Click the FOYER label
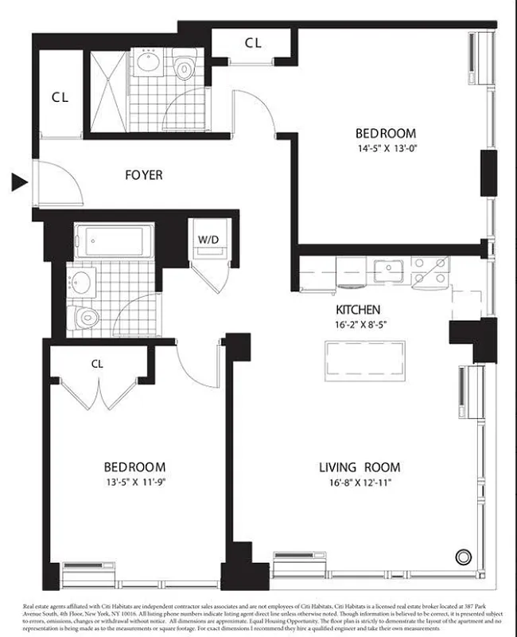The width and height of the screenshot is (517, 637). tap(144, 174)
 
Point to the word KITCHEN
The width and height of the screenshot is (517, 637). tap(358, 309)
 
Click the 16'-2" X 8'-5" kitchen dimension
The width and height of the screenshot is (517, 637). tap(358, 324)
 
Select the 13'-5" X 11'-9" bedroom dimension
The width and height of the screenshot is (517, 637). tap(134, 482)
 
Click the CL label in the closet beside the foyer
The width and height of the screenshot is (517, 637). tap(60, 98)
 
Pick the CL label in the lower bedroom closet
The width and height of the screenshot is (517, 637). tap(97, 363)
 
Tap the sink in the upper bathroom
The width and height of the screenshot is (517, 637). tap(148, 63)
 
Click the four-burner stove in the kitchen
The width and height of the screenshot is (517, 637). tap(430, 272)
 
